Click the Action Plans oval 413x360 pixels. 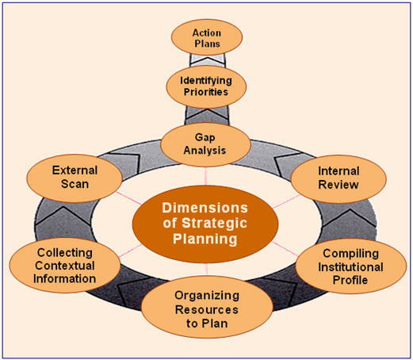[x=207, y=39]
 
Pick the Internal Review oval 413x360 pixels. [x=338, y=178]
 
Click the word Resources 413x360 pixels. [x=206, y=308]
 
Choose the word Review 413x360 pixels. [x=338, y=185]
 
